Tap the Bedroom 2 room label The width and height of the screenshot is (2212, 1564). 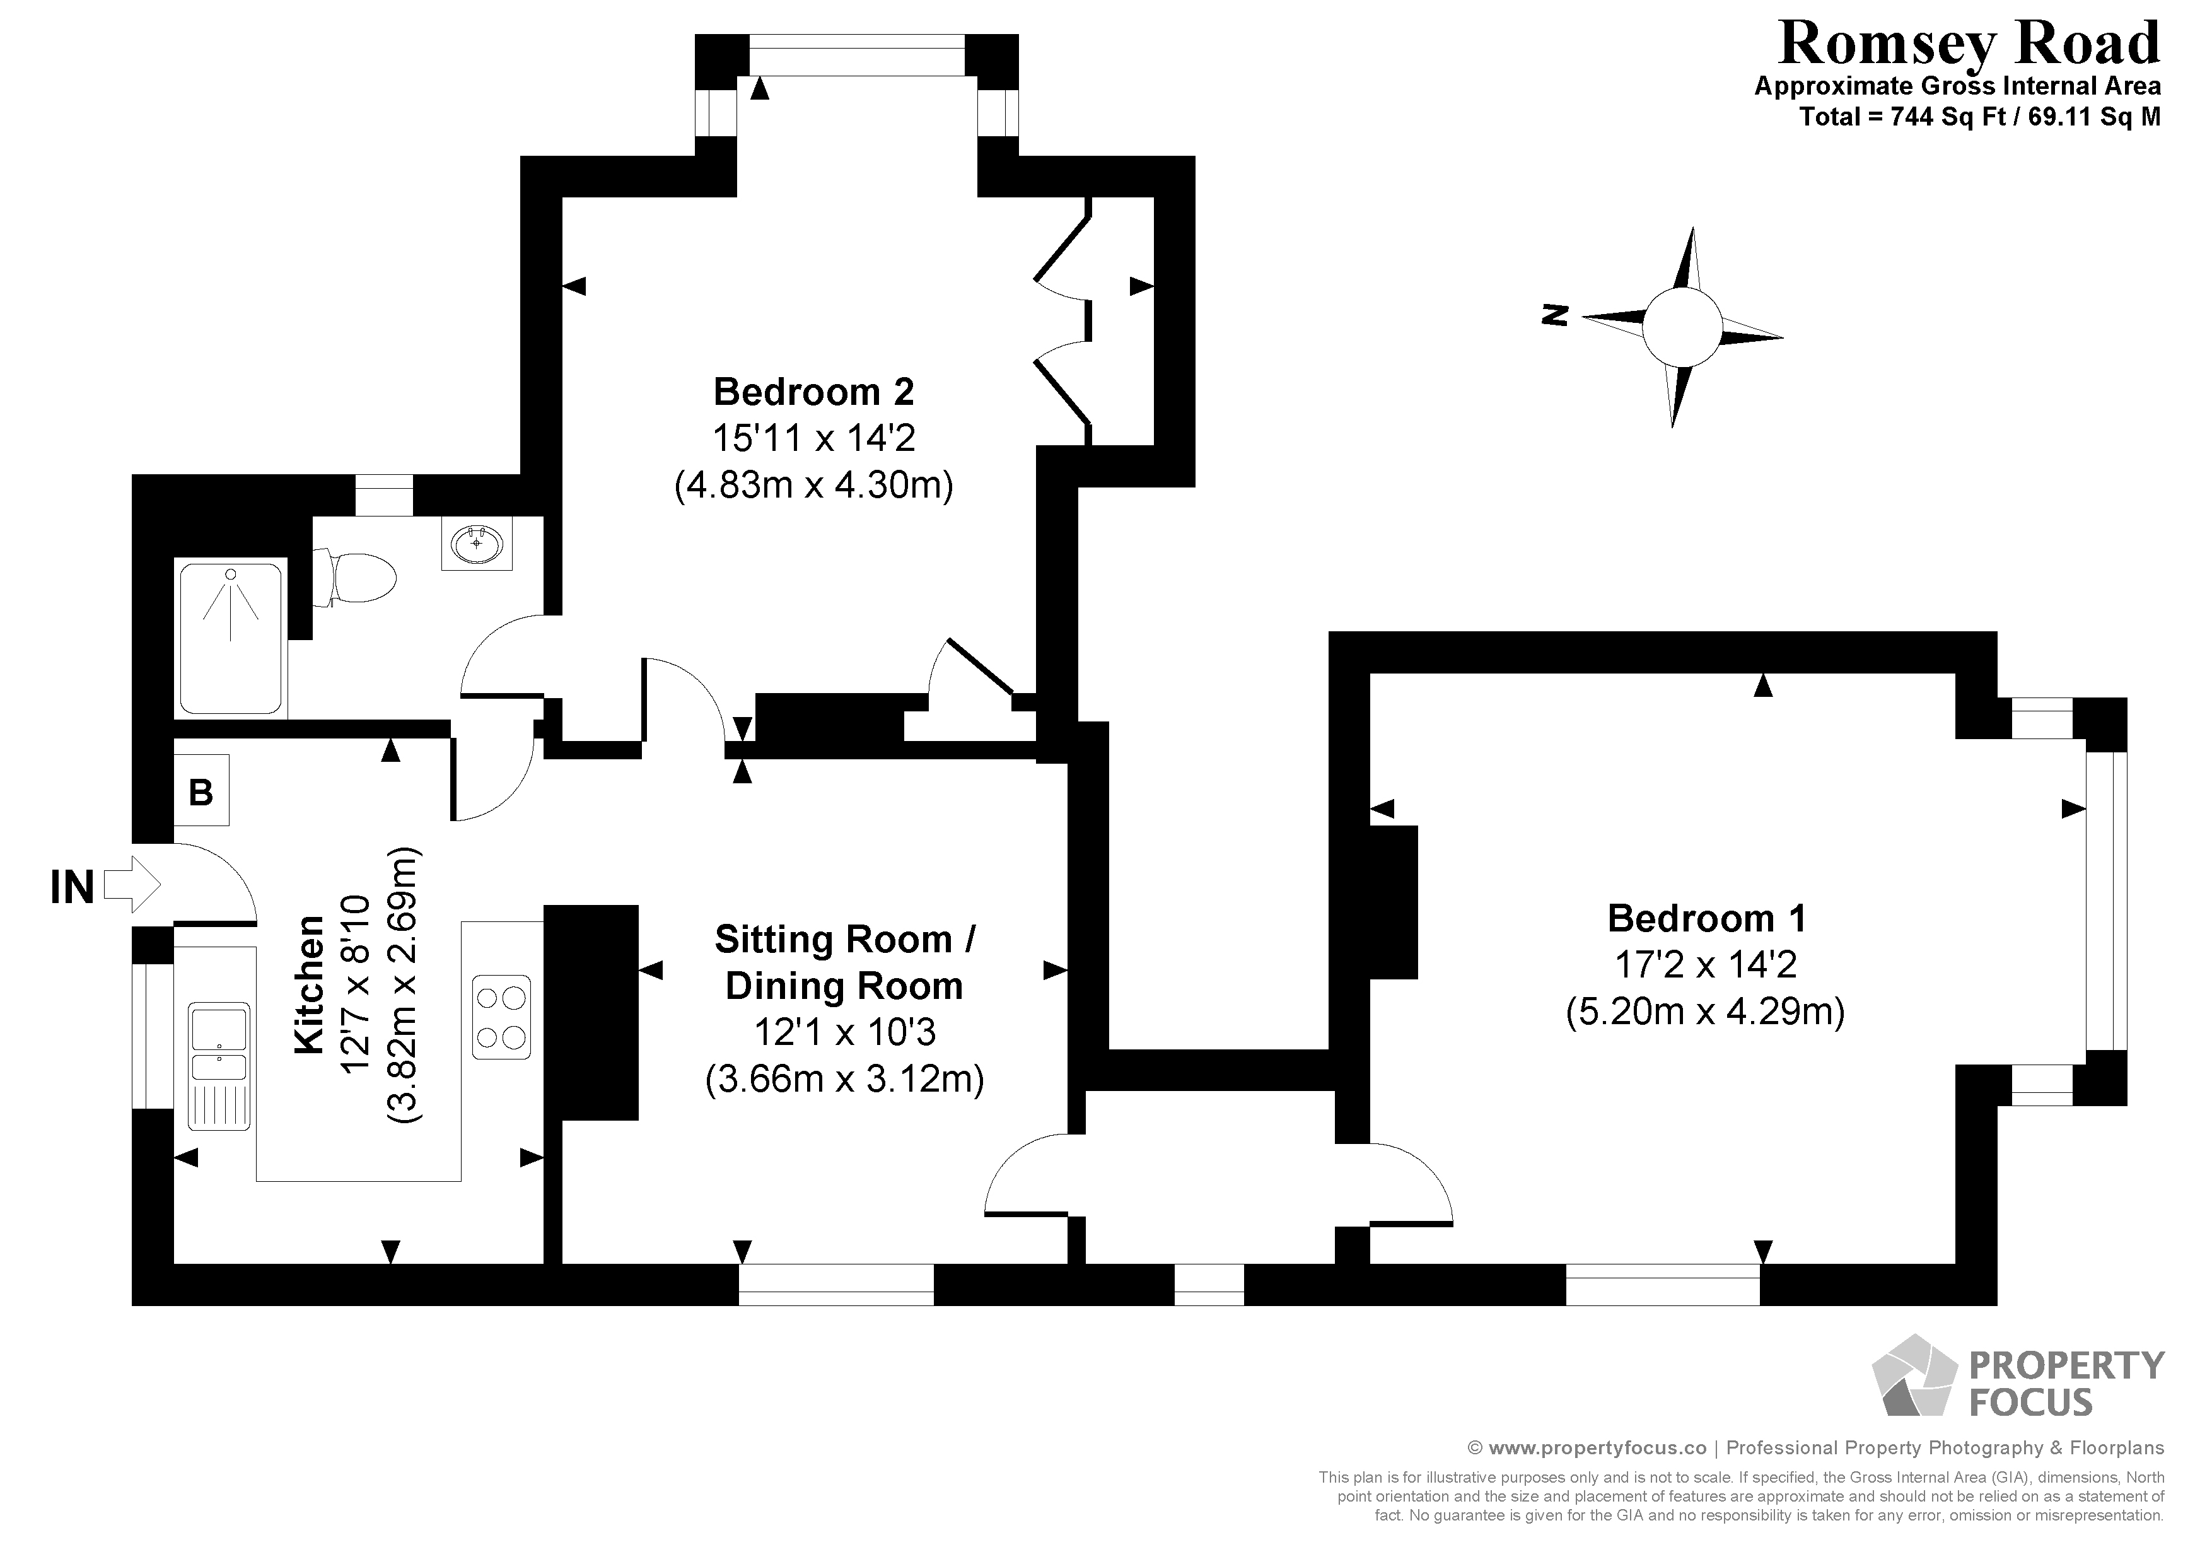pyautogui.click(x=813, y=392)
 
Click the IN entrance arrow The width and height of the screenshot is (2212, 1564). pyautogui.click(x=132, y=885)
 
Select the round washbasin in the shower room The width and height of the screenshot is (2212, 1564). pyautogui.click(x=477, y=544)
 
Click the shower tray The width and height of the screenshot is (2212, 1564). pyautogui.click(x=231, y=638)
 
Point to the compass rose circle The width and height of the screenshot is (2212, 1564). pyautogui.click(x=1681, y=328)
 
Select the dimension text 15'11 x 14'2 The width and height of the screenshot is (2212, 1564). pyautogui.click(x=814, y=438)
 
